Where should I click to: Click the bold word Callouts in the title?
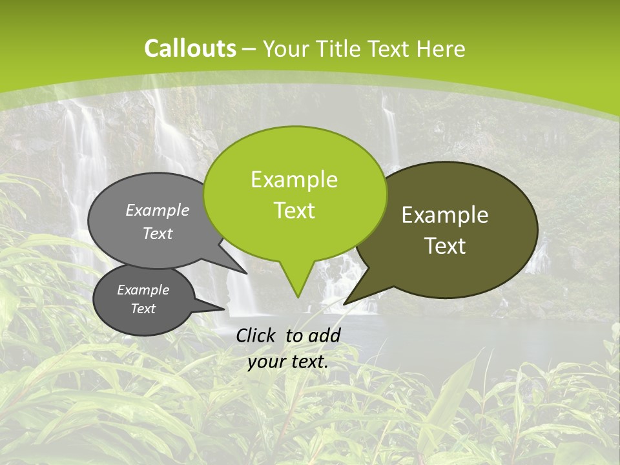coord(190,48)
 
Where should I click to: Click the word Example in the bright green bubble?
coord(294,180)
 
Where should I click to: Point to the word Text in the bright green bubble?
coord(294,211)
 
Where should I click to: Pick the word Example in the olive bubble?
coord(445,215)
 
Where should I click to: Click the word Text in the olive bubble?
coord(445,246)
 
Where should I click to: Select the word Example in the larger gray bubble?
coord(158,211)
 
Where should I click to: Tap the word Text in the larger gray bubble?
coord(158,233)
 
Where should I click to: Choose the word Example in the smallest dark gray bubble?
coord(143,290)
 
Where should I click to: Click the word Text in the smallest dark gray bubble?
coord(143,309)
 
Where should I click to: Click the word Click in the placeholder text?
coord(256,335)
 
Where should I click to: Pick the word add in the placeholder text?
coord(324,335)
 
